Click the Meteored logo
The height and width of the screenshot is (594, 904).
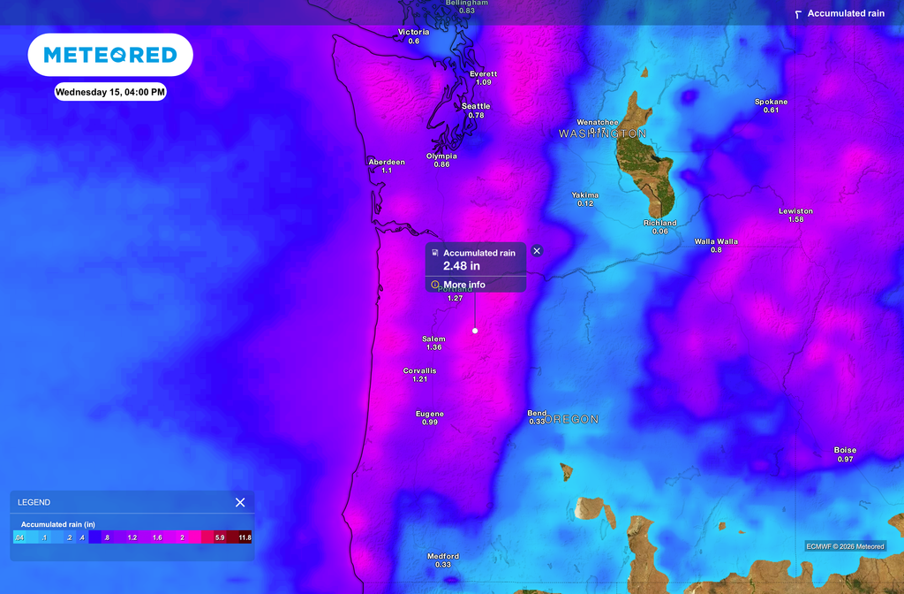[x=110, y=55]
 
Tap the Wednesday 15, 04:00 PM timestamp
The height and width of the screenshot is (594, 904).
[x=110, y=92]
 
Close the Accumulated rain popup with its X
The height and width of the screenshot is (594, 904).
[x=537, y=251]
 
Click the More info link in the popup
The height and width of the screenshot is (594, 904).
[x=464, y=285]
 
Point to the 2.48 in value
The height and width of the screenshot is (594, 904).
[x=462, y=265]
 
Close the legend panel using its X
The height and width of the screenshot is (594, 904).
[x=240, y=502]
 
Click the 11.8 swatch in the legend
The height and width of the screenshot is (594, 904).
[x=245, y=537]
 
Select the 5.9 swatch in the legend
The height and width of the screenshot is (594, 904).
[x=220, y=537]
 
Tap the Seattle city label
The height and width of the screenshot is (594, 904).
[x=476, y=106]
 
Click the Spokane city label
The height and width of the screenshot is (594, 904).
[x=771, y=102]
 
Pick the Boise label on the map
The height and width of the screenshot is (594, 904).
[x=845, y=450]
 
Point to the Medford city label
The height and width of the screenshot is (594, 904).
[x=443, y=556]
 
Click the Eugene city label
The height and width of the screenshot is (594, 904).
[x=430, y=414]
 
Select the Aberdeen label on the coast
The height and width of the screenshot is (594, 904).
[x=387, y=162]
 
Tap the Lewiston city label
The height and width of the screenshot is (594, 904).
[x=795, y=211]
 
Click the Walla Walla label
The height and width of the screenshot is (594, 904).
[x=716, y=241]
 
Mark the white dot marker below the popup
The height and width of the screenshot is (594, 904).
[x=475, y=331]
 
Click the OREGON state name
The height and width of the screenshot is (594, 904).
[x=572, y=420]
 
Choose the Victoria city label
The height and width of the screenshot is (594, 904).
[x=414, y=33]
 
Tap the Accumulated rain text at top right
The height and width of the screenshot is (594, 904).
[x=845, y=13]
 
